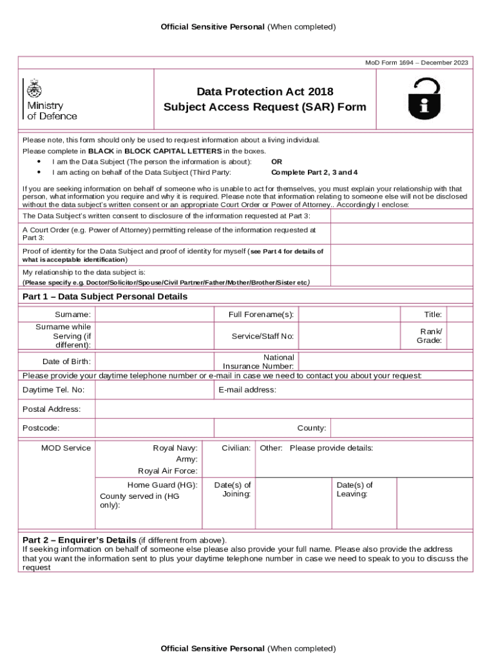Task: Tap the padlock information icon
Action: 424,99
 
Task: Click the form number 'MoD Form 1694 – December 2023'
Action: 417,63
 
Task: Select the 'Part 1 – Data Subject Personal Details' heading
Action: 105,296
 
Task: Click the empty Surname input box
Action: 154,314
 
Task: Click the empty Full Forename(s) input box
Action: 349,314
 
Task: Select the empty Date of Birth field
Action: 154,361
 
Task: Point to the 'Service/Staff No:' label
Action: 263,336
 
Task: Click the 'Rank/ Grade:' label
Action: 429,336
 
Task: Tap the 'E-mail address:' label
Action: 247,390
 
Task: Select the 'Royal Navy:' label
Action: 175,448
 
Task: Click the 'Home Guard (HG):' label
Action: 162,485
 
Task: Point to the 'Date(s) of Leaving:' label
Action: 354,490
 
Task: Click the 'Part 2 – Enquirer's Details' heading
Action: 79,539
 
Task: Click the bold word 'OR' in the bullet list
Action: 276,162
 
